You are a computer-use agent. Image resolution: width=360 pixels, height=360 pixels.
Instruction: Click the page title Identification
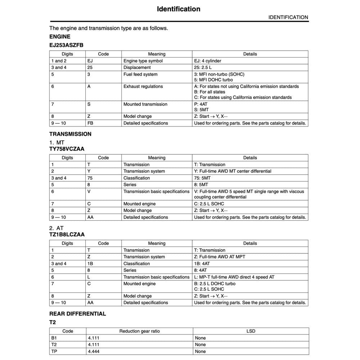[179, 9]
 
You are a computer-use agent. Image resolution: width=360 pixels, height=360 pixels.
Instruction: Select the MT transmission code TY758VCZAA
[67, 149]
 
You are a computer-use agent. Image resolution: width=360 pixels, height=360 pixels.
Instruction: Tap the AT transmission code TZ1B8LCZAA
[67, 234]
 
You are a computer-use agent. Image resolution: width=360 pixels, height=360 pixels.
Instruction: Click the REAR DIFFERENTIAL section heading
[77, 314]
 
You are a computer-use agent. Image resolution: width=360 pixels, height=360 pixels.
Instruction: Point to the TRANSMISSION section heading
[70, 134]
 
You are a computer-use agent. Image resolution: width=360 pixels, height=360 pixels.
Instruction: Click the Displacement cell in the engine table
[137, 67]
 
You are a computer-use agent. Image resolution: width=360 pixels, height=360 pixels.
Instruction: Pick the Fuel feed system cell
[140, 74]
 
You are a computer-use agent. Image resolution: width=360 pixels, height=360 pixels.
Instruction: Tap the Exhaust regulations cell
[143, 86]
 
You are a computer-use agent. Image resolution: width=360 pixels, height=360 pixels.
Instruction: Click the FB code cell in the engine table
[90, 123]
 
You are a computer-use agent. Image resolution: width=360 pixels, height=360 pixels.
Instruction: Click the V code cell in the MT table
[89, 192]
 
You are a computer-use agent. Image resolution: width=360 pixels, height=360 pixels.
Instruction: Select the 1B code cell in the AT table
[90, 264]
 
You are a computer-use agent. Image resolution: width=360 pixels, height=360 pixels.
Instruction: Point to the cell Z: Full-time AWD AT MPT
[220, 257]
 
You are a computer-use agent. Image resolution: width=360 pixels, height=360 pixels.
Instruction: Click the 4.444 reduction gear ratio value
[93, 351]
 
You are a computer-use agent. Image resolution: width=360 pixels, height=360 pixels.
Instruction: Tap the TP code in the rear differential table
[54, 351]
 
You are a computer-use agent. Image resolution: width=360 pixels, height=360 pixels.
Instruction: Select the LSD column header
[250, 331]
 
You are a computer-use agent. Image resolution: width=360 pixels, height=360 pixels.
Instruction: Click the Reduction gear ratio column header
[139, 331]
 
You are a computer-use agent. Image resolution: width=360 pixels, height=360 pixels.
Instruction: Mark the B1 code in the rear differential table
[54, 338]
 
